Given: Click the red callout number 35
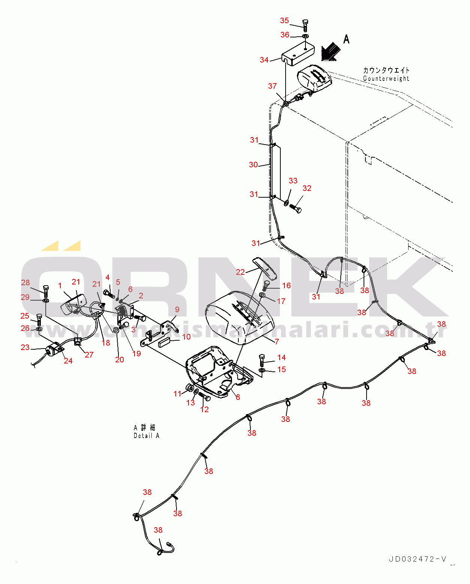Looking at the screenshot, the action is point(284,20).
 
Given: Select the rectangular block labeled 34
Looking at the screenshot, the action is point(298,54).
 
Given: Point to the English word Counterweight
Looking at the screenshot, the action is point(386,78).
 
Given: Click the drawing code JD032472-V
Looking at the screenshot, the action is point(418,559).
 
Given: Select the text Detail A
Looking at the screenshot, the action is point(147,435).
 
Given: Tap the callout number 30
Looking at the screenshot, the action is point(253,164).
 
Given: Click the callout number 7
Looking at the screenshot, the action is point(277,341).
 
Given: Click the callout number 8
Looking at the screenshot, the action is point(238,397).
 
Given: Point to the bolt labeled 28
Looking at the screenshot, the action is point(46,291).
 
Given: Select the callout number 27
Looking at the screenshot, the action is point(89,355).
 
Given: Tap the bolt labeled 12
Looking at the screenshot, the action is point(205,397).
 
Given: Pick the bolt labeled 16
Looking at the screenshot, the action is point(266,286).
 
